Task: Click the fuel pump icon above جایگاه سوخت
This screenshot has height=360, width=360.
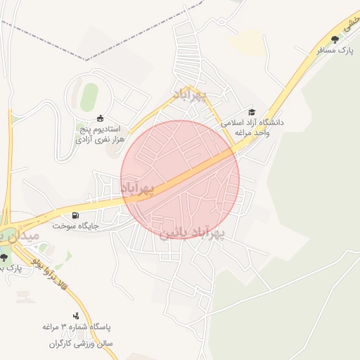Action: tap(75, 215)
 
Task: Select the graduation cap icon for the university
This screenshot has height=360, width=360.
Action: tap(252, 112)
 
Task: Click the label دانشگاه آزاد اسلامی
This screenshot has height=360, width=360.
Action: tap(252, 122)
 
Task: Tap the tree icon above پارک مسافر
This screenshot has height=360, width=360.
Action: tap(335, 39)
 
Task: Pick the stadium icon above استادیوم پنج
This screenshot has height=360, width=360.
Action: tap(100, 118)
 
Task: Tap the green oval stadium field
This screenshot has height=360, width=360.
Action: tap(89, 97)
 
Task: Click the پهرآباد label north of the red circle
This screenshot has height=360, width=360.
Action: tap(191, 95)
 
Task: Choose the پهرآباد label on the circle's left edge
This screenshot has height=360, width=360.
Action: tap(136, 188)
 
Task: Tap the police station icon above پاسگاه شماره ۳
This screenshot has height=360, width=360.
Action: tap(76, 316)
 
